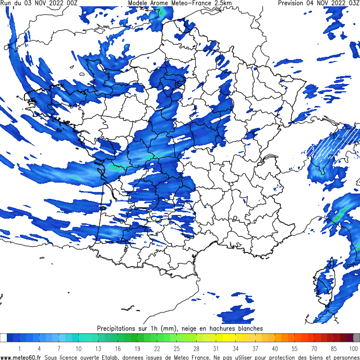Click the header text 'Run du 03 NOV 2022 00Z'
coord(40,3)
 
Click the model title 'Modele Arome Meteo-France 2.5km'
coord(179,3)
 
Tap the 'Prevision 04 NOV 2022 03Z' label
coord(318,3)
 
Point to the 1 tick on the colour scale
coord(19,349)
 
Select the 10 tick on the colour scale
coord(78,349)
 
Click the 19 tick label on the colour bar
coord(137,349)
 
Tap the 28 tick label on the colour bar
coord(196,349)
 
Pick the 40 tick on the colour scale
coord(275,349)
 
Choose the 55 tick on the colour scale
coord(294,349)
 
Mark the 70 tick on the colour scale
coord(314,349)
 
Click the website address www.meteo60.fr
coord(21,357)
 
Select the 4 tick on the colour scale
coord(39,349)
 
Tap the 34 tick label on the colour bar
coord(235,349)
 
